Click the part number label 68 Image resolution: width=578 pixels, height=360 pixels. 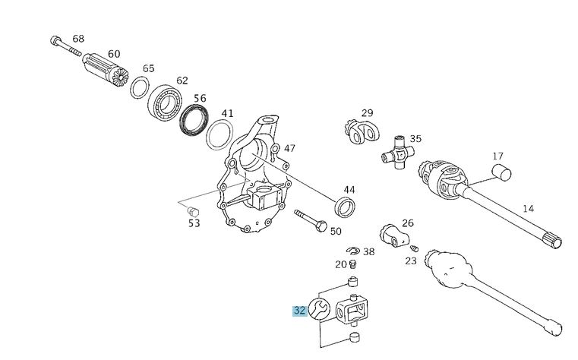(78, 39)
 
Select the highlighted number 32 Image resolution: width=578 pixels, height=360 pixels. (299, 310)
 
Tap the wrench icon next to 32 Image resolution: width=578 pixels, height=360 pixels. (319, 309)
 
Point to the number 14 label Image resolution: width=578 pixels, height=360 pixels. (528, 207)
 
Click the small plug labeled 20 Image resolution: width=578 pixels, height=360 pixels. (352, 264)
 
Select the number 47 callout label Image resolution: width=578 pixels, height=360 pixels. (289, 148)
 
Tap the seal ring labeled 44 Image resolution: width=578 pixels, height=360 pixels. (346, 205)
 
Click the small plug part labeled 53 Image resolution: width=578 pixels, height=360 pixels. (193, 210)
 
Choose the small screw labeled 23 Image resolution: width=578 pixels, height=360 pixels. (414, 247)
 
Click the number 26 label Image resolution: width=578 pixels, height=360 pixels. (408, 223)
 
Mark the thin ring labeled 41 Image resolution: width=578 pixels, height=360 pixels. (220, 134)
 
